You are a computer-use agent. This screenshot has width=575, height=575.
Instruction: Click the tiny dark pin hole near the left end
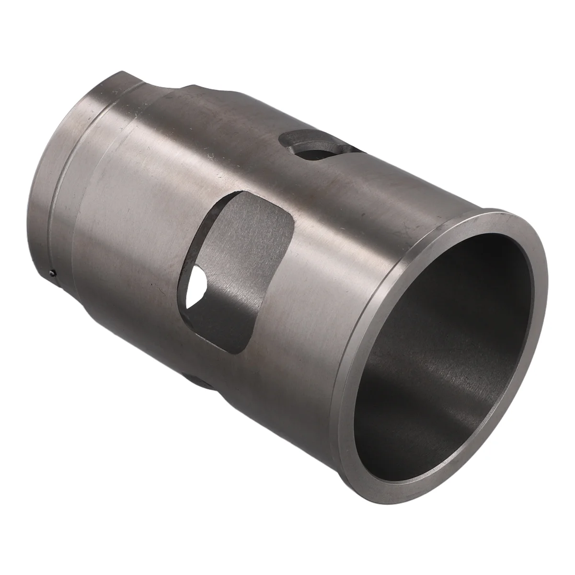(52, 274)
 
